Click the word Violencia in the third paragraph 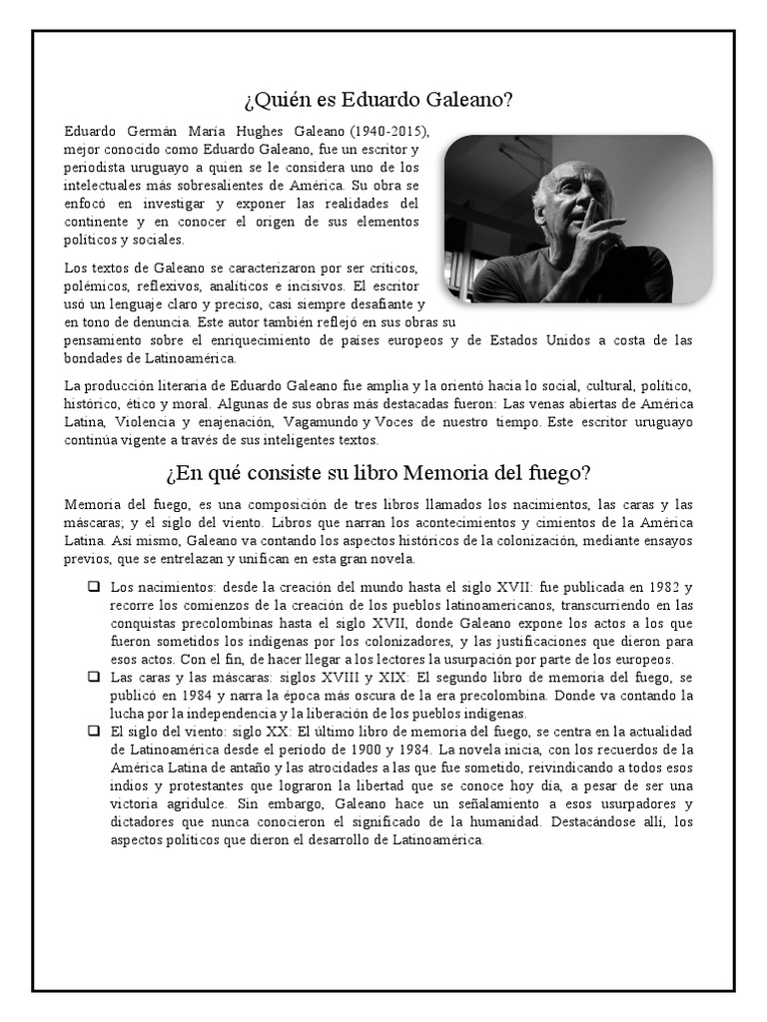pyautogui.click(x=139, y=421)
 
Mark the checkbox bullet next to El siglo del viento pyautogui.click(x=93, y=732)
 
